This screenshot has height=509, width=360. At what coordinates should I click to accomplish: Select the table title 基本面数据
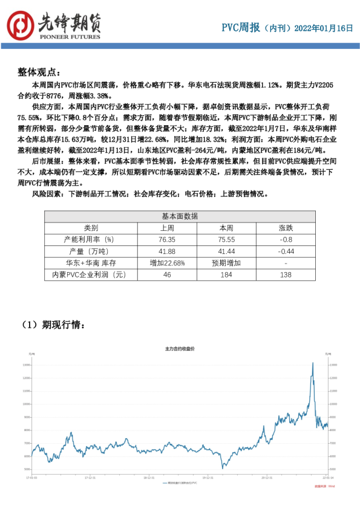tap(179, 216)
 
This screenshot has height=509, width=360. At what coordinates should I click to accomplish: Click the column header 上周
tap(168, 228)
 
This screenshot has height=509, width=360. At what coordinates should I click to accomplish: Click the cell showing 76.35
tap(168, 239)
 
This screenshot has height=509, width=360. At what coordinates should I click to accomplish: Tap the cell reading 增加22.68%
tap(168, 263)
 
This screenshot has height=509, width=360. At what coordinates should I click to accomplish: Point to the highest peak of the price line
tap(312, 363)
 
